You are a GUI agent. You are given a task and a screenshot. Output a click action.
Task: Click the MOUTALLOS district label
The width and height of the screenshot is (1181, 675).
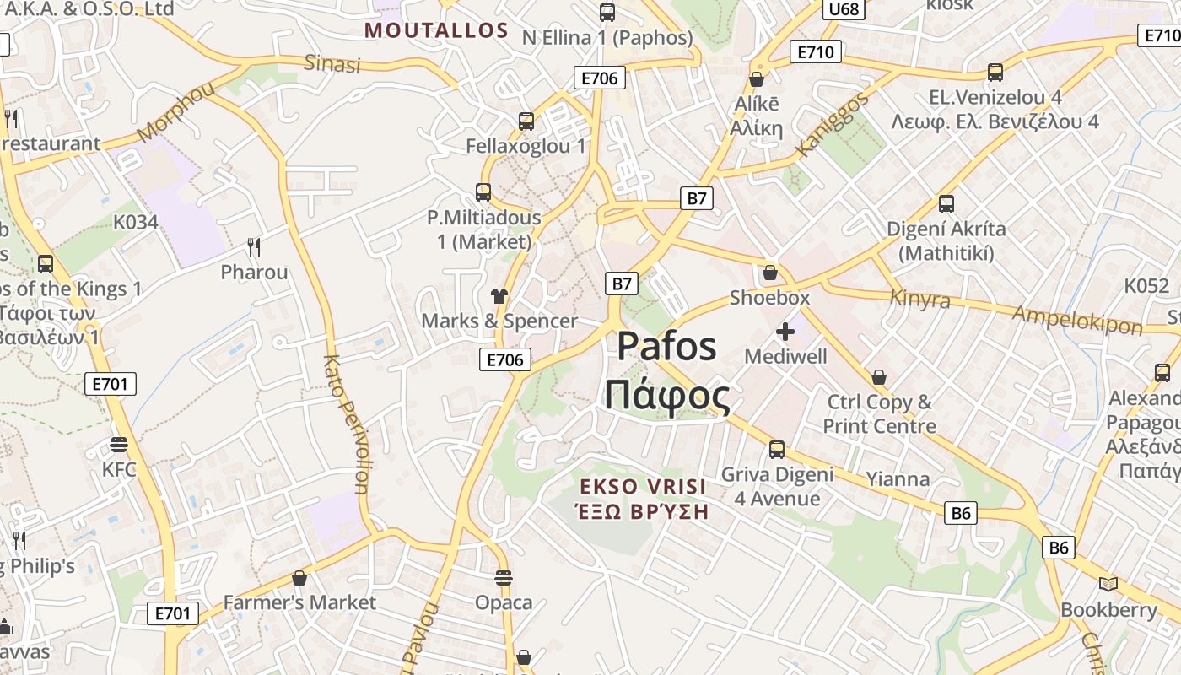tap(436, 31)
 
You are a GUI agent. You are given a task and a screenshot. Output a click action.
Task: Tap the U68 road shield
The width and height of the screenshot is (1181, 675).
tap(844, 9)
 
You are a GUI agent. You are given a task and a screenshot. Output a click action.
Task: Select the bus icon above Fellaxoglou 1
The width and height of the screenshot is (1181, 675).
tap(526, 121)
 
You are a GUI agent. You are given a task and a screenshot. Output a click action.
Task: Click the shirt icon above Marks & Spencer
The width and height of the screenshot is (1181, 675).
tap(499, 295)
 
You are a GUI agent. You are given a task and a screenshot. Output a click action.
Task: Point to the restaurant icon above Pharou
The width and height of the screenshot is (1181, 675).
tap(254, 246)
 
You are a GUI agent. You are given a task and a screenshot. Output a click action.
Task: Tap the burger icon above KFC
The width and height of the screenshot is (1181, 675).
tap(118, 444)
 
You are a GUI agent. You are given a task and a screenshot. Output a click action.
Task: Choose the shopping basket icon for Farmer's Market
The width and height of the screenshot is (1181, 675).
tap(299, 578)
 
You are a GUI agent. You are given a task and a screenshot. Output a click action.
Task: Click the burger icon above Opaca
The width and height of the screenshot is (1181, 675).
tap(504, 578)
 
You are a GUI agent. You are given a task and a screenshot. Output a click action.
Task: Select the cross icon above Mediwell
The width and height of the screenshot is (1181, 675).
tap(785, 332)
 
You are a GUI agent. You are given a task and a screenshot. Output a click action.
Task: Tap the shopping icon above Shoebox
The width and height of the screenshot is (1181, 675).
tap(769, 273)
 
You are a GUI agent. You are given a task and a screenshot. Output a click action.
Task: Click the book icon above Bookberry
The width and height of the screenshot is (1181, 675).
tap(1108, 584)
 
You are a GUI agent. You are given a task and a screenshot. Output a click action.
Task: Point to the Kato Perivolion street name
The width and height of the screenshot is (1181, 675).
tap(346, 424)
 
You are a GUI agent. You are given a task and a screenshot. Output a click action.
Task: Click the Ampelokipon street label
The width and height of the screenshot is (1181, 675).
tap(1077, 320)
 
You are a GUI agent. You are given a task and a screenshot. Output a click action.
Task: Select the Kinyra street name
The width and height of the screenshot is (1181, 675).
tap(919, 299)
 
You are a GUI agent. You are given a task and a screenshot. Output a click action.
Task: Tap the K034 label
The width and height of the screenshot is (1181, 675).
tap(136, 222)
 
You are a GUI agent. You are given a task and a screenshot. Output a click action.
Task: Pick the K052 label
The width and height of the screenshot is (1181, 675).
tap(1147, 285)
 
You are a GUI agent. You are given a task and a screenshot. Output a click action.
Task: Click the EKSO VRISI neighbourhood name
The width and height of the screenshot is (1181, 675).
tap(643, 487)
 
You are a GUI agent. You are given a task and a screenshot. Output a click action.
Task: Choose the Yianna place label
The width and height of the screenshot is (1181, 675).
tap(898, 480)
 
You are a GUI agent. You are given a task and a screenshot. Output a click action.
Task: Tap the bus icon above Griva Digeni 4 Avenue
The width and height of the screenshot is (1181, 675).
tap(776, 449)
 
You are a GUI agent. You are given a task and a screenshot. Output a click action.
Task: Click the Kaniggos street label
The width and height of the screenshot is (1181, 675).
tap(832, 125)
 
